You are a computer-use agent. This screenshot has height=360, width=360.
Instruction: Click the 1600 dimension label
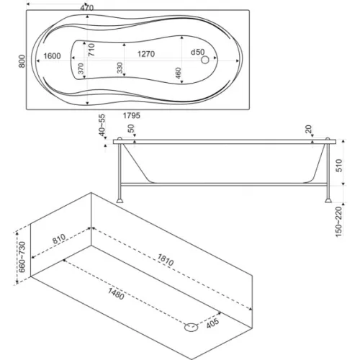(x=52, y=56)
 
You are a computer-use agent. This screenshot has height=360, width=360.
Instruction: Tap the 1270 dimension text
(x=146, y=54)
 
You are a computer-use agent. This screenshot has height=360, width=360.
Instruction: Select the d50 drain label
(x=197, y=52)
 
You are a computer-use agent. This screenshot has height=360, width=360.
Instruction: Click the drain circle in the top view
(x=205, y=60)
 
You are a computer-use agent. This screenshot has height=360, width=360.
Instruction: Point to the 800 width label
(x=22, y=61)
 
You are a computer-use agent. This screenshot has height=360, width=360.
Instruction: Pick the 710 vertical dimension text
(x=91, y=50)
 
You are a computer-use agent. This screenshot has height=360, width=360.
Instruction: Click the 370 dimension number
(x=81, y=68)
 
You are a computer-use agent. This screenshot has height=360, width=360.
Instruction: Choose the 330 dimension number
(x=120, y=68)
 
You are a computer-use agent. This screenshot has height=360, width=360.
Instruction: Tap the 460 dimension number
(x=178, y=73)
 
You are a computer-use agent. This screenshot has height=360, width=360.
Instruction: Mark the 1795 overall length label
(x=132, y=116)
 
